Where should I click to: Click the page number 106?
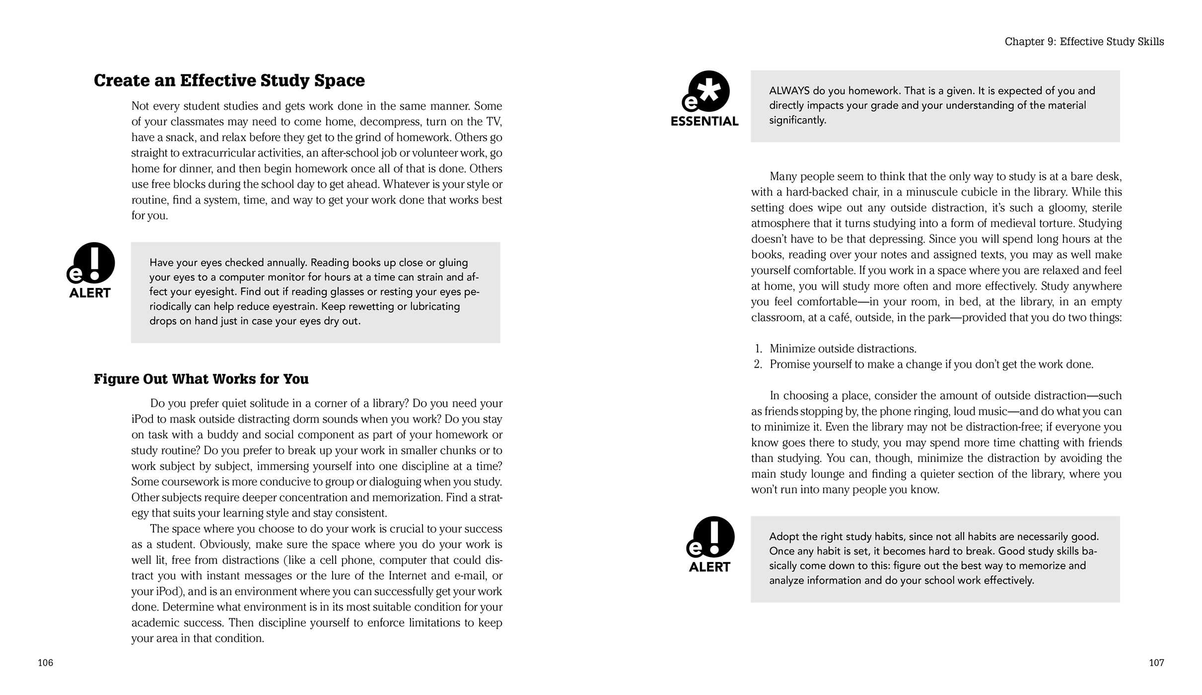coord(45,663)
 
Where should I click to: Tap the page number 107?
coord(1156,663)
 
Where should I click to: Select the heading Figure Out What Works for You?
coord(201,379)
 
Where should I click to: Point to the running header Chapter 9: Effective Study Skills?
coord(1084,42)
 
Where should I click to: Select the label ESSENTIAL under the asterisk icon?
coord(705,122)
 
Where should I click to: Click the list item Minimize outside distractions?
coord(843,349)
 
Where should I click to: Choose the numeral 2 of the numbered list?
coord(758,364)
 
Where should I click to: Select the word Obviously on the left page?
coord(225,545)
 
